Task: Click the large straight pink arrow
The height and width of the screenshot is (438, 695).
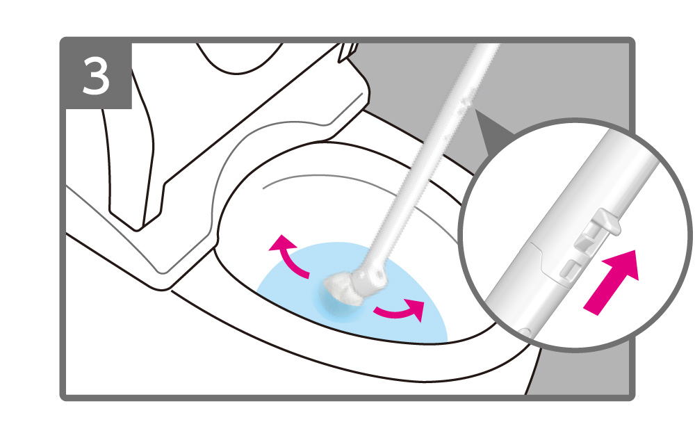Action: (x=612, y=282)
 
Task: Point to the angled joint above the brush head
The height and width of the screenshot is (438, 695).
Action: (x=370, y=278)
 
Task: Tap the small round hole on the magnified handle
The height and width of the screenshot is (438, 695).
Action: (x=525, y=331)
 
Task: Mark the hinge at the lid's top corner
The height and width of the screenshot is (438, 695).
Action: (x=348, y=51)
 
